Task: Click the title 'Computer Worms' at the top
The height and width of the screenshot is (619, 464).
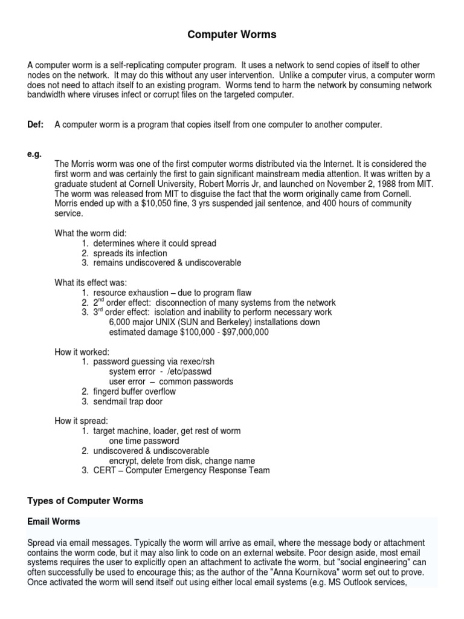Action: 231,35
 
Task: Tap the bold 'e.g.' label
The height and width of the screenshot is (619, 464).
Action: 34,154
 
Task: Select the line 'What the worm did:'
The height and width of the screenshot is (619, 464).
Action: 90,233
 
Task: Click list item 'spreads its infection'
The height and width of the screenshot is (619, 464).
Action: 130,253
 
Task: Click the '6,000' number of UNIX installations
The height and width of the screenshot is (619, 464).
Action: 120,322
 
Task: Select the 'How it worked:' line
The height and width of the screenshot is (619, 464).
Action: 82,352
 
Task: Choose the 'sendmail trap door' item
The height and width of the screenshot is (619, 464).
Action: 127,401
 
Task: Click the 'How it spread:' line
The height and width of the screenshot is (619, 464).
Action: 82,421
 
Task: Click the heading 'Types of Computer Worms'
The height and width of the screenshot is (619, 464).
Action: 86,501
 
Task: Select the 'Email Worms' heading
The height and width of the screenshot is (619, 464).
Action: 54,521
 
